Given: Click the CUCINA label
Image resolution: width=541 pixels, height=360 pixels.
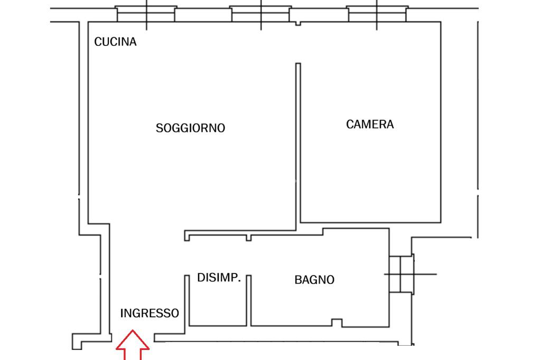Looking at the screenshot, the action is pos(115,42).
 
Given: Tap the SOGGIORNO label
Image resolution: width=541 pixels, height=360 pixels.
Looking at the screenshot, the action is pos(190,128).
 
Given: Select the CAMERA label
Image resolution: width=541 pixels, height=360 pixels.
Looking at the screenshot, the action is pos(370,125).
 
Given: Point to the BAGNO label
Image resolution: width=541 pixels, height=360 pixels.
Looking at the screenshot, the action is pos(314,280).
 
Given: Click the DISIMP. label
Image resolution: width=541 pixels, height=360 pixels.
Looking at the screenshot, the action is pos(219,278).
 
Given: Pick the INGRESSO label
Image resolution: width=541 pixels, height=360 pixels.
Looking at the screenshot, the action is pos(150,313).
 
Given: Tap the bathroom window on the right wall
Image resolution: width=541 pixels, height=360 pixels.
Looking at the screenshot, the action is pos(401,274).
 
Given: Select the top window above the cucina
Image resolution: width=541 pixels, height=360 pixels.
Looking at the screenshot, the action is pos(146,13).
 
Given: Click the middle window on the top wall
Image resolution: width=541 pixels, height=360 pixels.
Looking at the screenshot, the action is pos(260,13).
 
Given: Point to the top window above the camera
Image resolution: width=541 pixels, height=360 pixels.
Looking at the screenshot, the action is pos(377,13).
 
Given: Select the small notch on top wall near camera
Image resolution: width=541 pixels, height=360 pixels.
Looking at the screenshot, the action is pos(298,23).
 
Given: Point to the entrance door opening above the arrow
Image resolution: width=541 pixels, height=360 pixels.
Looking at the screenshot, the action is pos(133,336).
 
